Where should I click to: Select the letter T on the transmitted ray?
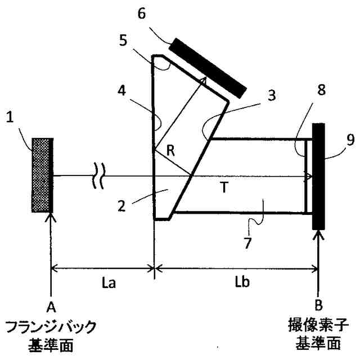[x=223, y=189]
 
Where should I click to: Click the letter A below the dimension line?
[x=51, y=307]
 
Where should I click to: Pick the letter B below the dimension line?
[x=318, y=307]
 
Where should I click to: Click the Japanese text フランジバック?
[x=51, y=326]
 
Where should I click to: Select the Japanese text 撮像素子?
[x=318, y=326]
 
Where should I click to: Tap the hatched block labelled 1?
[x=42, y=175]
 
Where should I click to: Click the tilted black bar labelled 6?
[x=208, y=67]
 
